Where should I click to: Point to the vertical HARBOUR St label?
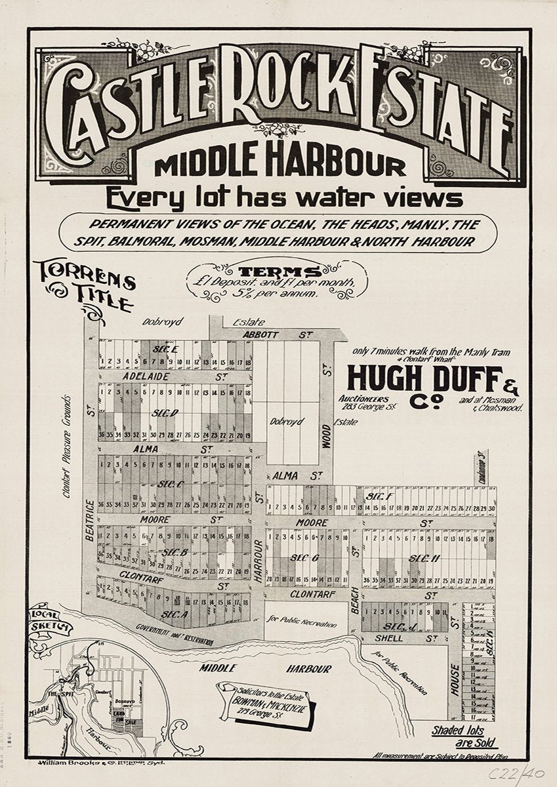point(259,560)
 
